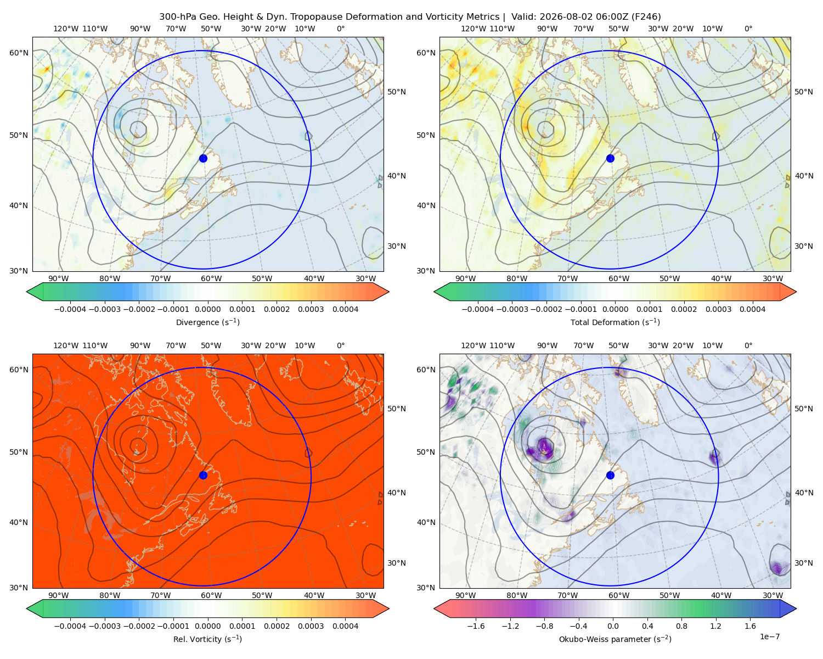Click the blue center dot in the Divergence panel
click(x=203, y=158)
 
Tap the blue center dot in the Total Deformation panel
click(x=610, y=158)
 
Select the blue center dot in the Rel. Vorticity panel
click(x=203, y=475)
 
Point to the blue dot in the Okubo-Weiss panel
click(x=610, y=475)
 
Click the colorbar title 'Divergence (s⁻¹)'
click(x=207, y=322)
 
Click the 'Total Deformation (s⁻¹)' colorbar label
click(x=615, y=322)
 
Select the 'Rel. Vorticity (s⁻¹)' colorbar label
click(x=207, y=639)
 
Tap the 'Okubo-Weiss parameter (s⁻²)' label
click(x=615, y=639)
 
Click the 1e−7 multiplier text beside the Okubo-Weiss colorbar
click(x=769, y=636)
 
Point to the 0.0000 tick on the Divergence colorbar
click(x=207, y=309)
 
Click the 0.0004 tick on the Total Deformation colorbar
click(x=752, y=309)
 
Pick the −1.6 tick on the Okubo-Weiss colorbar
click(x=476, y=626)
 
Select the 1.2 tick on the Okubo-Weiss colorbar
click(x=715, y=626)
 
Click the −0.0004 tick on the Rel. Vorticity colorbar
click(x=70, y=626)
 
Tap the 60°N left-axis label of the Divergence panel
click(x=19, y=53)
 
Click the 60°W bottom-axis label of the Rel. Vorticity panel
click(x=211, y=595)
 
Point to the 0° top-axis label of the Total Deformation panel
click(x=748, y=29)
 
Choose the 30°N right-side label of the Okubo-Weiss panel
click(x=803, y=563)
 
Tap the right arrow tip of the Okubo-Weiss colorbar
click(x=796, y=608)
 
